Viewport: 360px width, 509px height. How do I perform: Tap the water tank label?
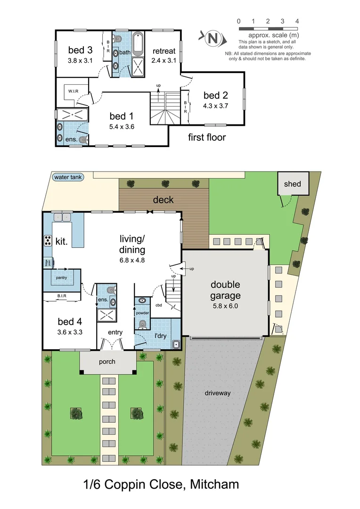point(68,177)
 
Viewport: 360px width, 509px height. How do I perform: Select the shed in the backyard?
point(293,184)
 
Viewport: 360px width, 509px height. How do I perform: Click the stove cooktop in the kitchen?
point(48,240)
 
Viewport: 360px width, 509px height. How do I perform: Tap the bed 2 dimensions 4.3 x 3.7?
point(216,106)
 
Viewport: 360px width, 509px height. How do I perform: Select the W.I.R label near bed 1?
point(73,91)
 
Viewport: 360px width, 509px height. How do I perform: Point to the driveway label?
point(217,393)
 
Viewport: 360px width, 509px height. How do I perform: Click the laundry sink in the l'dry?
point(176,345)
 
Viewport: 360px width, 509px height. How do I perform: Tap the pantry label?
point(61,278)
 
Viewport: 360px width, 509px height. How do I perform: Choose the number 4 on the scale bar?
point(297,21)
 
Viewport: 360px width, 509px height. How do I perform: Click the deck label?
point(163,200)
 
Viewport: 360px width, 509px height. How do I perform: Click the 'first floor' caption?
point(207,138)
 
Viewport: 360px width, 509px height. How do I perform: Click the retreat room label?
point(164,51)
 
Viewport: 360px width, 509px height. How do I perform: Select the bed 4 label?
point(70,322)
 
